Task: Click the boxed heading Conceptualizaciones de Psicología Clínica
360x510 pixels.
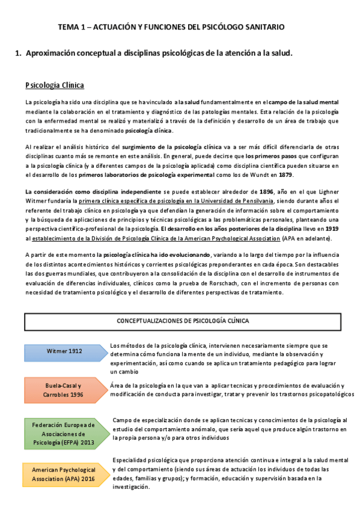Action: pos(182,321)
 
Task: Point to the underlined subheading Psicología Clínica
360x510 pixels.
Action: pos(54,85)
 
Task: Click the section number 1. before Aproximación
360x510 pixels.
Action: pos(17,54)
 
